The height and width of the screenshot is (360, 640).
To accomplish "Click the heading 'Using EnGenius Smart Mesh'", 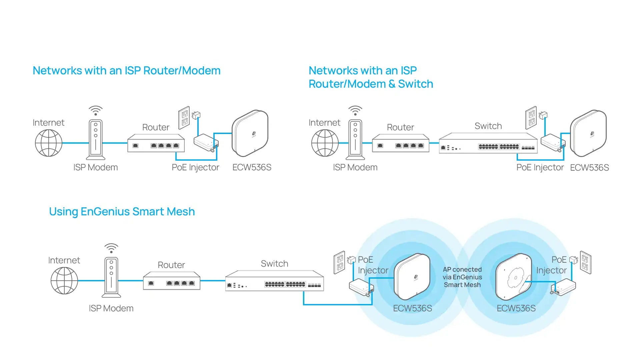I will pyautogui.click(x=122, y=212).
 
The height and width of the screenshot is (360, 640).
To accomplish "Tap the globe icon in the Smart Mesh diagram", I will pyautogui.click(x=64, y=281).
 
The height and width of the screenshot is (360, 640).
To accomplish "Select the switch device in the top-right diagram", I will pyautogui.click(x=488, y=143).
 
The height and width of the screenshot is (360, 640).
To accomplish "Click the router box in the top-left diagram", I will pyautogui.click(x=156, y=143).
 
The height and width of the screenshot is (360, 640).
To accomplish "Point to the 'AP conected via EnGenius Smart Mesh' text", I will pyautogui.click(x=462, y=277).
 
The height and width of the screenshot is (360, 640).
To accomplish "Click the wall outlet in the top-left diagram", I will pyautogui.click(x=184, y=117).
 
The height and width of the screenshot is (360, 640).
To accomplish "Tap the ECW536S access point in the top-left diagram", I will pyautogui.click(x=250, y=133).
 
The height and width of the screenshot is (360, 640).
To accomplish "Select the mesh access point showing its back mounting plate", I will pyautogui.click(x=513, y=277).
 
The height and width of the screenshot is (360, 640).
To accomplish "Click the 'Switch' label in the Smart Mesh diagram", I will pyautogui.click(x=274, y=264).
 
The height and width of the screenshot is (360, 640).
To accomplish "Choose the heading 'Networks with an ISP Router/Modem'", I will pyautogui.click(x=127, y=71).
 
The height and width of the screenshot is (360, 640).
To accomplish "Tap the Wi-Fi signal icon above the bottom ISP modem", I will pyautogui.click(x=111, y=248).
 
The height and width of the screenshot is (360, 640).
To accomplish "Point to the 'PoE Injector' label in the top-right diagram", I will pyautogui.click(x=540, y=167).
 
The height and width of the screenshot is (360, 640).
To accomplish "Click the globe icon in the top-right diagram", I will pyautogui.click(x=325, y=143).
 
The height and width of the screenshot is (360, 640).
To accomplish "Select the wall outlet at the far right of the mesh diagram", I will pyautogui.click(x=586, y=262).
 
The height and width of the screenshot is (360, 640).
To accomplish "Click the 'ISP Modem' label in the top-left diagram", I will pyautogui.click(x=96, y=167).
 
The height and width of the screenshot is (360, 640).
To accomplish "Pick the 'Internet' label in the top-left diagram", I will pyautogui.click(x=49, y=123).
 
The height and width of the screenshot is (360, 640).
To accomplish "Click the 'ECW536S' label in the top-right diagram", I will pyautogui.click(x=589, y=168).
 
